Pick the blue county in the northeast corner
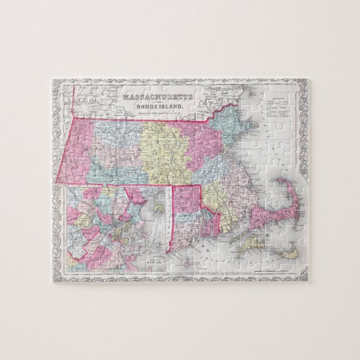230,124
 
